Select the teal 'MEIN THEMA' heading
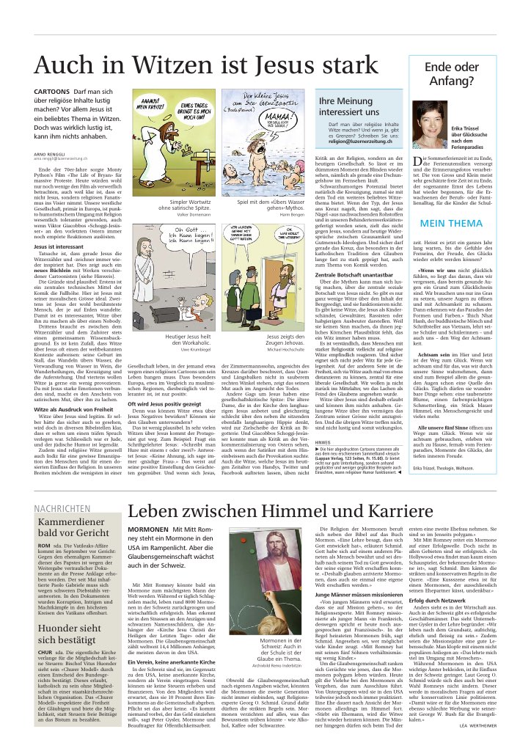pyautogui.click(x=451, y=223)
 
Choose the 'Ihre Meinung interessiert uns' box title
pyautogui.click(x=348, y=107)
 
